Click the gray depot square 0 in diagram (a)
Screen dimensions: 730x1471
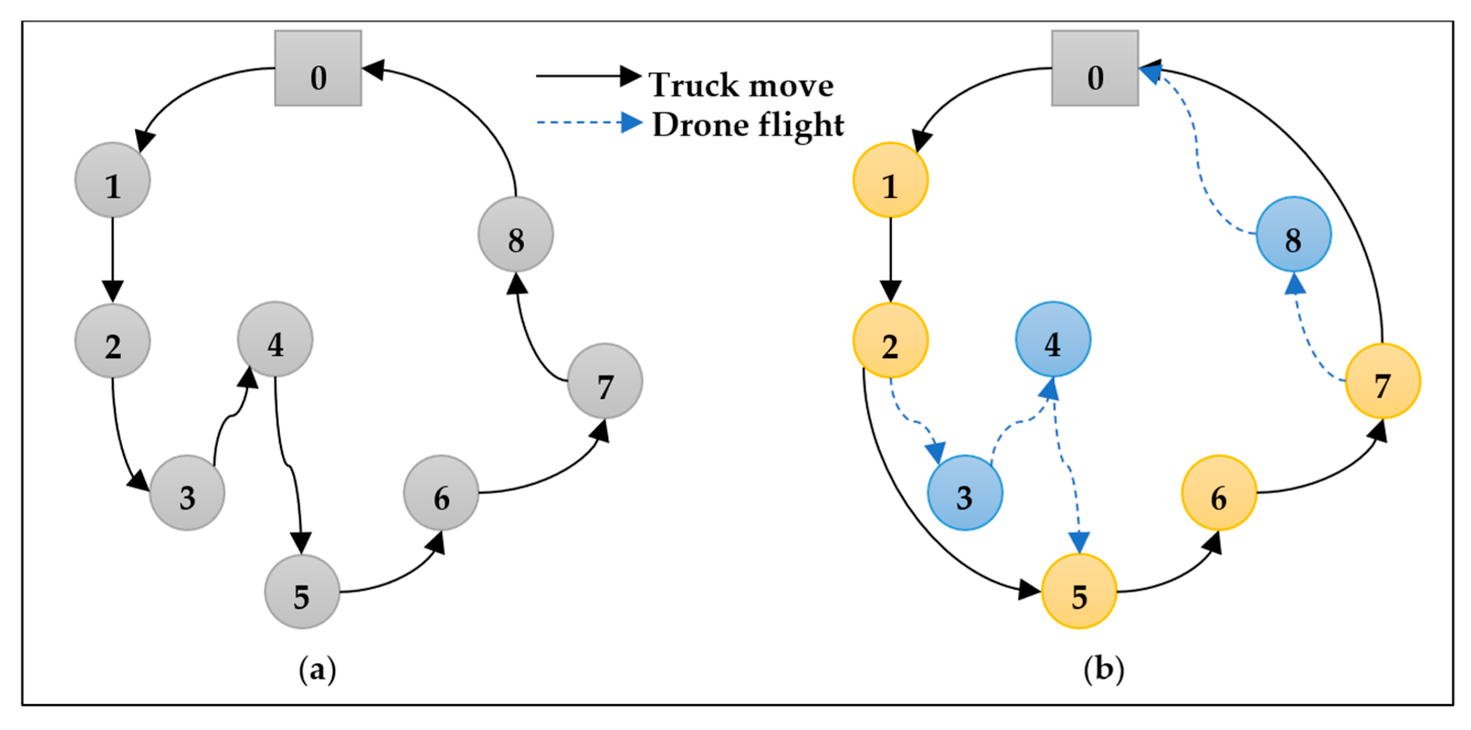318,68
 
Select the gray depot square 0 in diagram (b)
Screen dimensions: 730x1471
1095,68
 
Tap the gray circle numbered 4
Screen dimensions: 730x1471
275,340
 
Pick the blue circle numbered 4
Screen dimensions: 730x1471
1053,340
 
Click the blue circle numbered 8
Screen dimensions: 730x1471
1294,234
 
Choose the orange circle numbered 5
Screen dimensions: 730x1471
1079,591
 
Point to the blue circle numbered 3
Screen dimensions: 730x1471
965,492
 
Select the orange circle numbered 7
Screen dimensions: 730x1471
1382,381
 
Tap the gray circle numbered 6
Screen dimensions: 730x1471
441,492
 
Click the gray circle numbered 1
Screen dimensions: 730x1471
113,180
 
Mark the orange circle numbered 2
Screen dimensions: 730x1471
890,341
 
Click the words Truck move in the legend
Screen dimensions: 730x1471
741,86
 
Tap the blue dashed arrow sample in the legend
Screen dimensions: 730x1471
588,122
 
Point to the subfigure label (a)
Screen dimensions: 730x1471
318,668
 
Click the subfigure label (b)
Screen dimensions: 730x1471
1103,668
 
